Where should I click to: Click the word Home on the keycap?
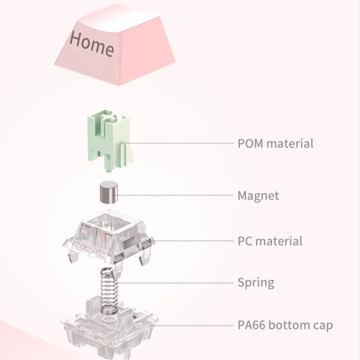[x=91, y=45]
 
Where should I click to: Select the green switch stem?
[x=109, y=140]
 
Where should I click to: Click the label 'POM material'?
[x=275, y=143]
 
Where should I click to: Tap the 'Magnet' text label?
[x=258, y=196]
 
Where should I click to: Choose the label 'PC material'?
[x=270, y=241]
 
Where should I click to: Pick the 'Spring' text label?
[x=256, y=283]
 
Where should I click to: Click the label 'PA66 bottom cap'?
[x=285, y=325]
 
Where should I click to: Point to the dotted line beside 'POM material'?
[x=180, y=143]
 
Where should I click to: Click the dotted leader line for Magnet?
[x=174, y=195]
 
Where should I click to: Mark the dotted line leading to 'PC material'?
[x=193, y=240]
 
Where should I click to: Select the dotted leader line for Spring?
[x=175, y=283]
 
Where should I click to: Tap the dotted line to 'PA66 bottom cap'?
[x=192, y=325]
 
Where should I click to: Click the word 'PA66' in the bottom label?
[x=251, y=325]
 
